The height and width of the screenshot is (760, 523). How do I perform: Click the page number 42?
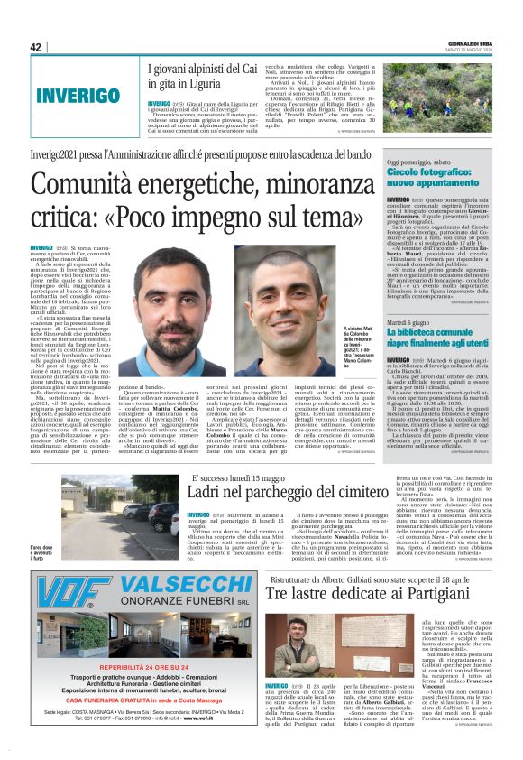click(x=35, y=48)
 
